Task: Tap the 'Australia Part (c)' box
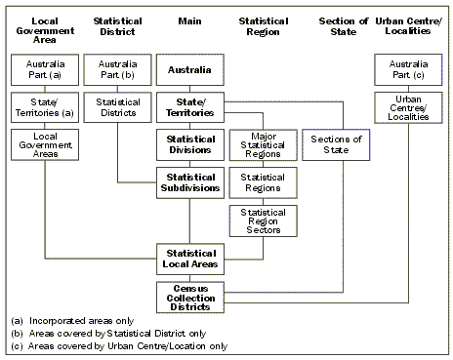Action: point(405,70)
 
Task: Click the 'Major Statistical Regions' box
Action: point(261,145)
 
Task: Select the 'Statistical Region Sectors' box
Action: point(261,220)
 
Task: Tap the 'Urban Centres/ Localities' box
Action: point(405,108)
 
